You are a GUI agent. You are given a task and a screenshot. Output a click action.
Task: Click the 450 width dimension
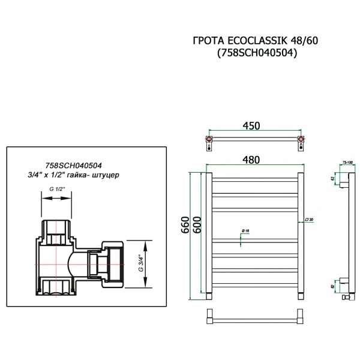252,126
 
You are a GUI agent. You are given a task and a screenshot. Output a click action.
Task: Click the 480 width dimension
252,160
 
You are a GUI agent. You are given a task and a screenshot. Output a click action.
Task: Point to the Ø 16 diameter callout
246,231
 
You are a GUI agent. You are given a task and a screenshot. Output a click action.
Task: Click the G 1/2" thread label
57,190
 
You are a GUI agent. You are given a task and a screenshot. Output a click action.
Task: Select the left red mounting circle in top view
209,142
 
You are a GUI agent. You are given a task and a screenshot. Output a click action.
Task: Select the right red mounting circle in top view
301,142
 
